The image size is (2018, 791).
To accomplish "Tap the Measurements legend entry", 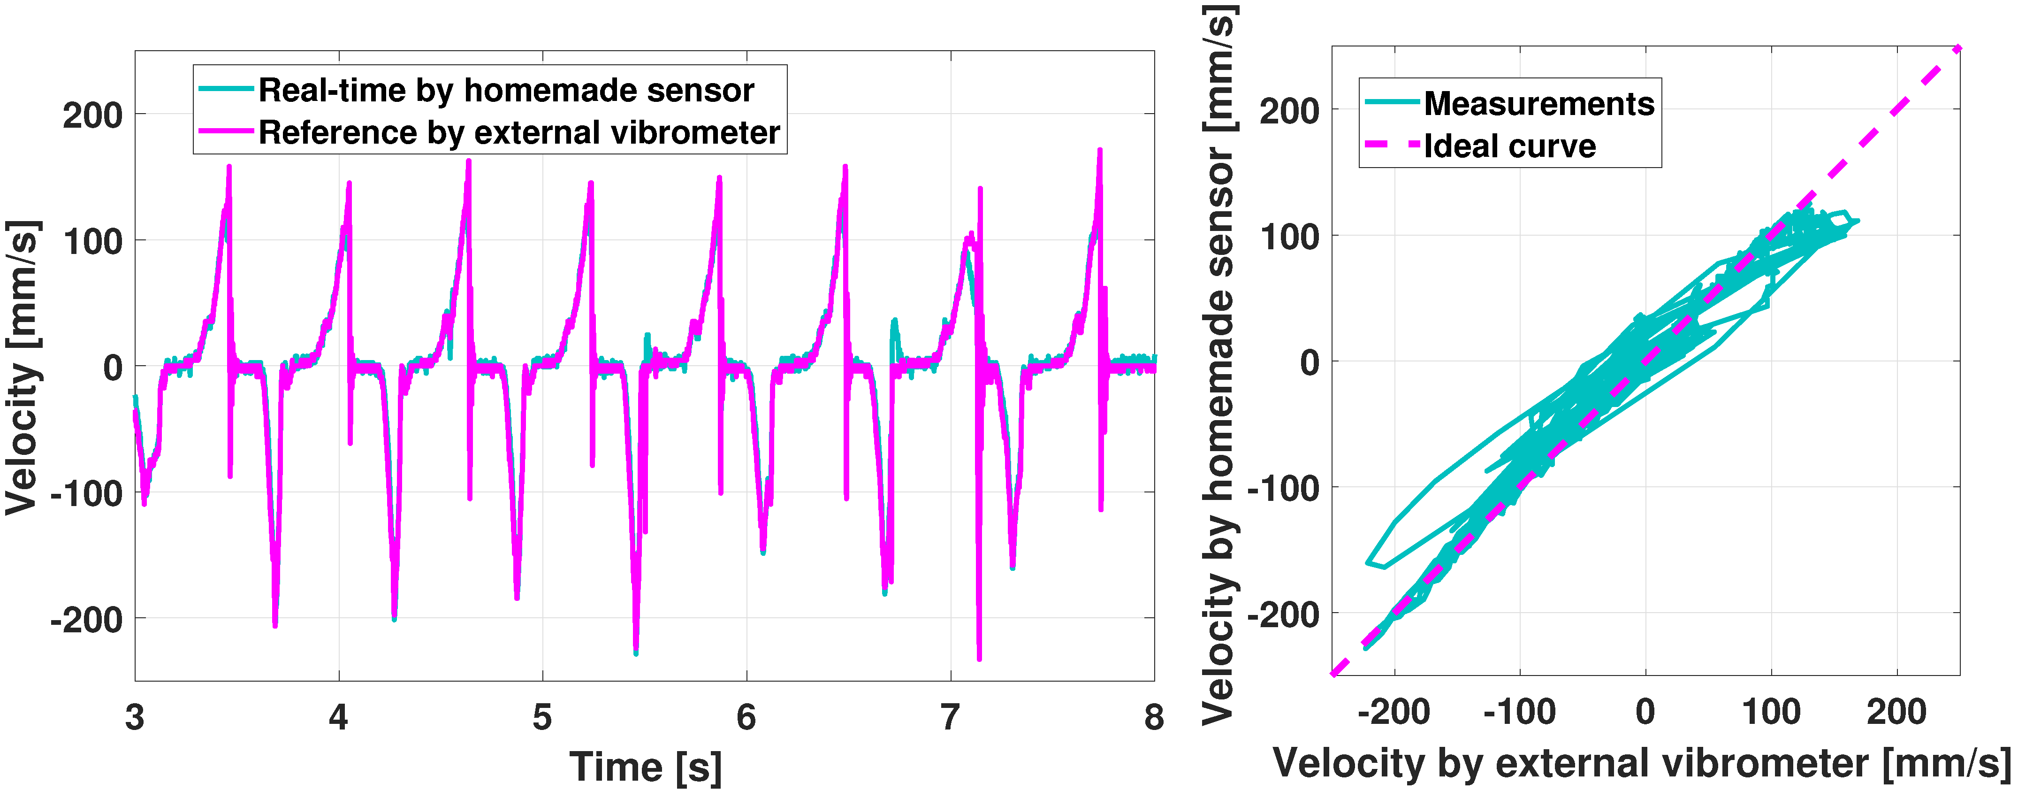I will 1538,103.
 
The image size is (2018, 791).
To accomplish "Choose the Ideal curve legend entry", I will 1509,146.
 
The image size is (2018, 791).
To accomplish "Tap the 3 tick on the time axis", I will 135,716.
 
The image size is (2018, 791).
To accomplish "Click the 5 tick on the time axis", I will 542,716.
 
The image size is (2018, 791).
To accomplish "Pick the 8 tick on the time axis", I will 1154,716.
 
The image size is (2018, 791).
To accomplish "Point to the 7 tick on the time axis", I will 950,716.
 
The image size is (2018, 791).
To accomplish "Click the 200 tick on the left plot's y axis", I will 92,115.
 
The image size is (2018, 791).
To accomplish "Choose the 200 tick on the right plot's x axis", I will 1896,712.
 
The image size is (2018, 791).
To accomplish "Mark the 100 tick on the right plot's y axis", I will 1289,236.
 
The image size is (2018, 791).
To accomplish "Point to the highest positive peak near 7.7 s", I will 1100,151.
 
